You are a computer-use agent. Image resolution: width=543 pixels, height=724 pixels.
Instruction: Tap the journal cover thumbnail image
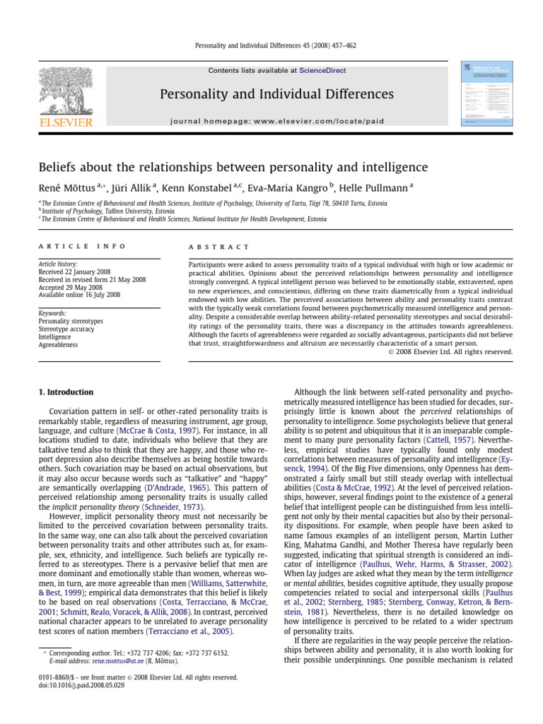487,94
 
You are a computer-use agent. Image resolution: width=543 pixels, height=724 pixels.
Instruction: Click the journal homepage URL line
277,121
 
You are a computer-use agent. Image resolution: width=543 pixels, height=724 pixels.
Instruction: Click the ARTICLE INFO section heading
82,246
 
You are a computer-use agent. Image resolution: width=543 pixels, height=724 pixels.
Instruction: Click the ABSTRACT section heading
219,247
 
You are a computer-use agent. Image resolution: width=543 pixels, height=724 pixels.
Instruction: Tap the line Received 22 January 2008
76,271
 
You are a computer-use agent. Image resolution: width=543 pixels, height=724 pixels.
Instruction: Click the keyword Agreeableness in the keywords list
58,345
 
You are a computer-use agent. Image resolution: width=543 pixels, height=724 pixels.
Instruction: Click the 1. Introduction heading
66,392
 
